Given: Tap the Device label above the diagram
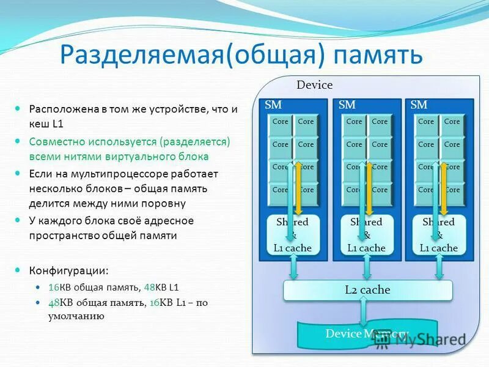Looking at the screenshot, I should [314, 85].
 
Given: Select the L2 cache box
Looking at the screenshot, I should [367, 290].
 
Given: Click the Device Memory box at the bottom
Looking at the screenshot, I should [342, 334].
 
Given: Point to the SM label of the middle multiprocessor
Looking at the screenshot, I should [347, 105].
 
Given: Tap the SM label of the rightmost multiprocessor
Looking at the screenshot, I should [419, 105].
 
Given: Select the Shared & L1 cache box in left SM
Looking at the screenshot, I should [292, 235].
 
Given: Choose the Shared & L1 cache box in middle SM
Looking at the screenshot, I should [366, 235].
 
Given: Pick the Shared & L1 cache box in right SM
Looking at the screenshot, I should [438, 235].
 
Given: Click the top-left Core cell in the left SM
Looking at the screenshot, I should [281, 122].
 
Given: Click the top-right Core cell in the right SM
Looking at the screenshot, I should [452, 122].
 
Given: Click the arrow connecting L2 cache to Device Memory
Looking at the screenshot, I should [364, 312].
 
